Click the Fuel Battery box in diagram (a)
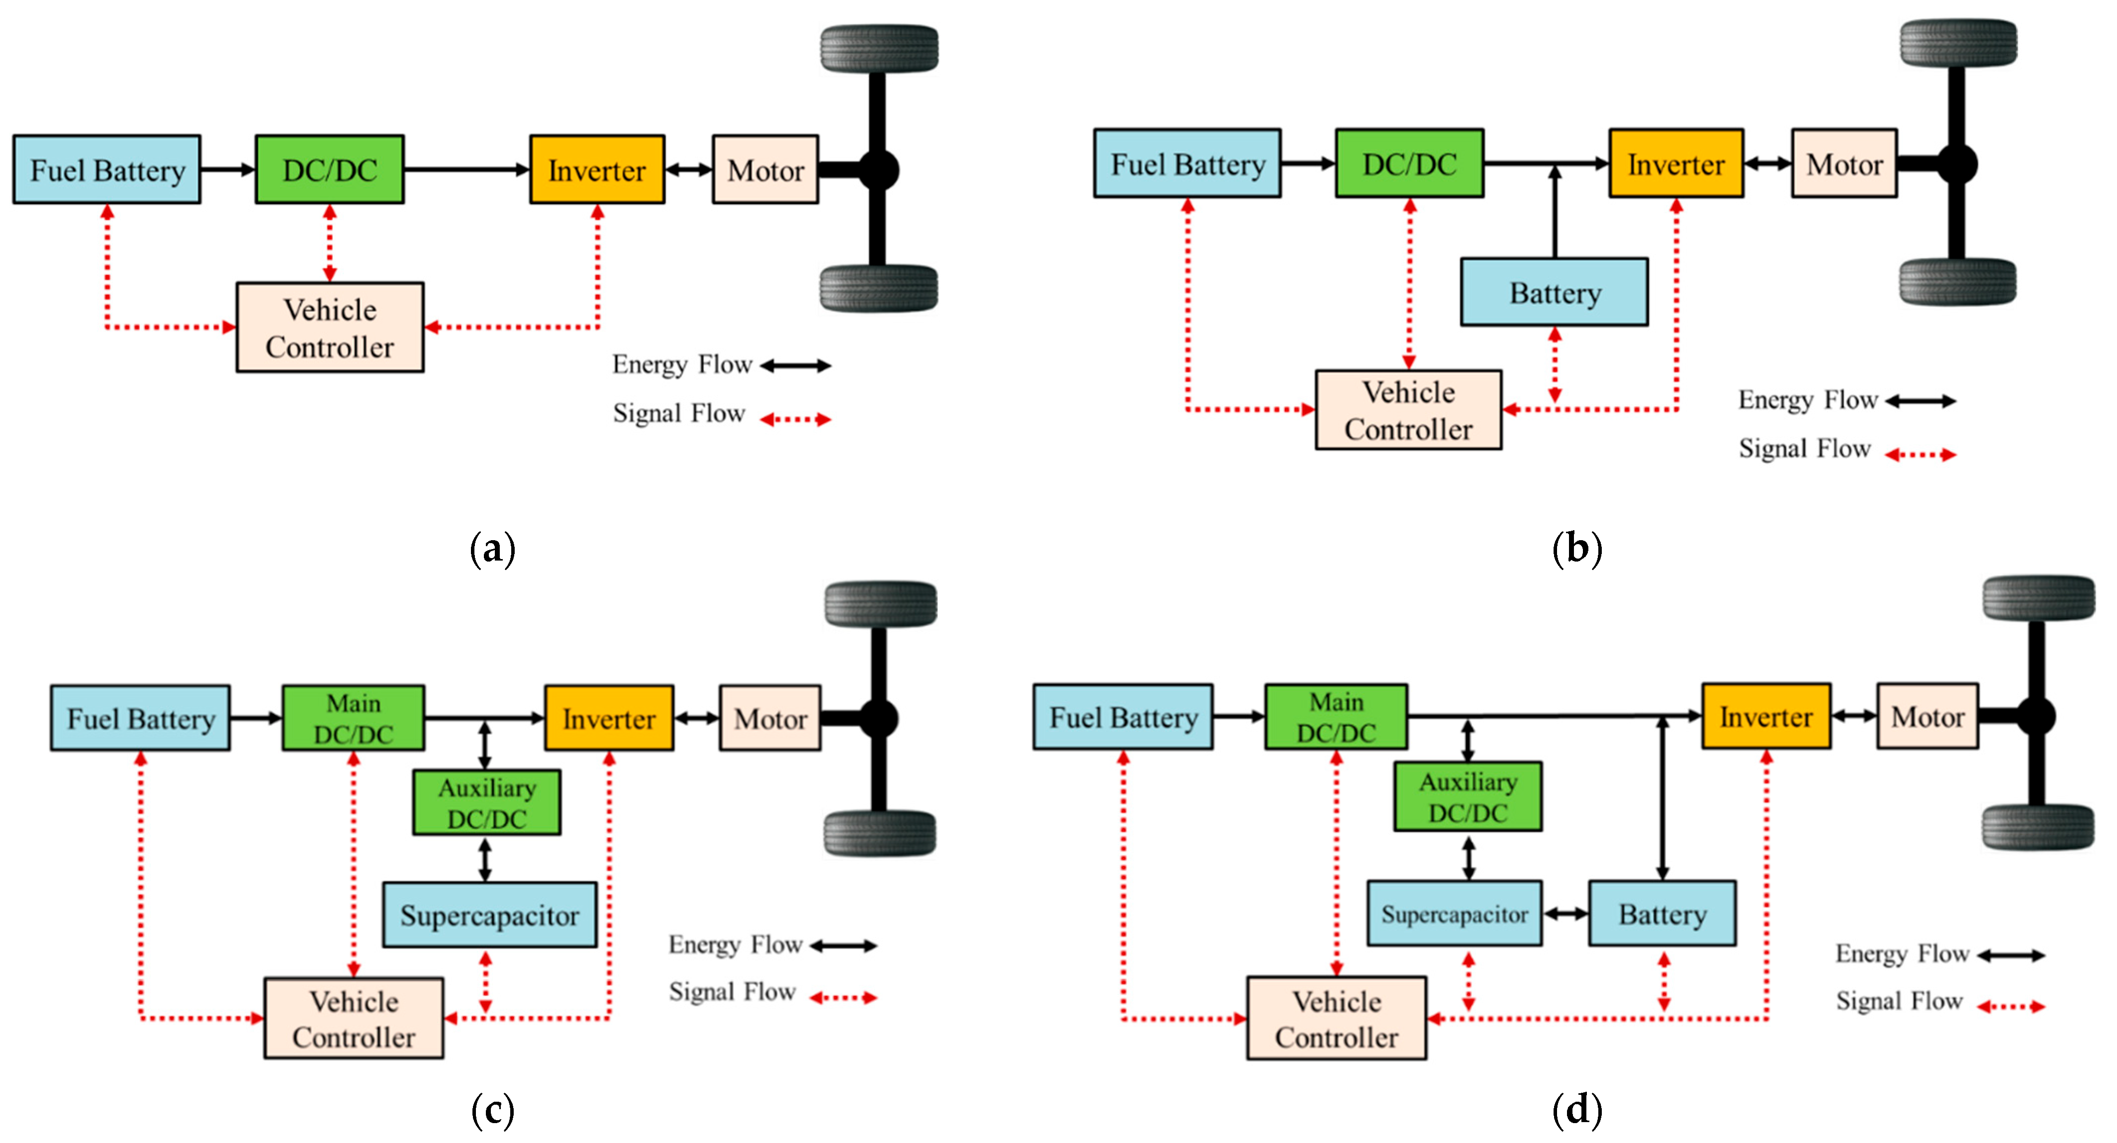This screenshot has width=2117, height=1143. click(x=107, y=169)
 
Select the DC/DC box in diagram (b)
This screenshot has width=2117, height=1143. click(x=1409, y=164)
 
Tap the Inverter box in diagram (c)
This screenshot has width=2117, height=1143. click(x=609, y=718)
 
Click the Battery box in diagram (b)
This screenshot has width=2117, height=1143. click(x=1554, y=292)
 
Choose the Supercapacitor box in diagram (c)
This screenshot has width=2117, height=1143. click(x=490, y=915)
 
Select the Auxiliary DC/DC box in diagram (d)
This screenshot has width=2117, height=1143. click(x=1468, y=796)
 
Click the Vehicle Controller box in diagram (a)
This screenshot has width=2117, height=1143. click(x=330, y=328)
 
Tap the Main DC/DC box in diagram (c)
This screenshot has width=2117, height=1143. click(x=354, y=718)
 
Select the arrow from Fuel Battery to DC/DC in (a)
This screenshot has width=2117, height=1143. click(x=228, y=169)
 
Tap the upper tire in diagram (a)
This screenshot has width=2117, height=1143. click(x=879, y=48)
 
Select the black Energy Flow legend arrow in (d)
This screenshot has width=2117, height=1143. click(x=2011, y=955)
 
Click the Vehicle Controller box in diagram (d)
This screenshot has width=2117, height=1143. click(x=1336, y=1018)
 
